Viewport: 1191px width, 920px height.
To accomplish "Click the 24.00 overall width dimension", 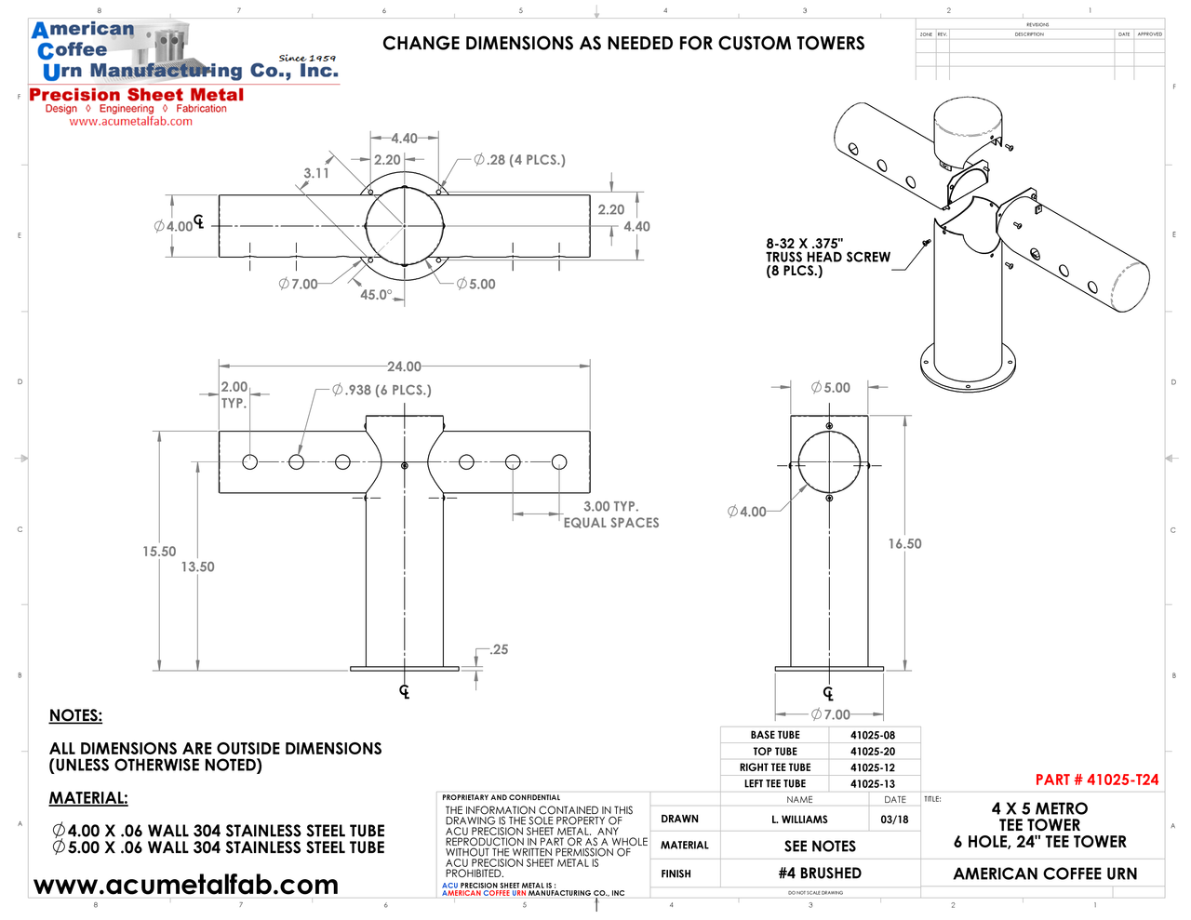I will pos(404,367).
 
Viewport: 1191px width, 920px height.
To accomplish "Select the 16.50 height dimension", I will pos(904,544).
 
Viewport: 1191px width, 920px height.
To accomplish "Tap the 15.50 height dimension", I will pos(159,552).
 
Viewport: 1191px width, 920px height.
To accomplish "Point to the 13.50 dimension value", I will pos(197,567).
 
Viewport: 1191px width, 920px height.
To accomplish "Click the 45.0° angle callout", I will pos(376,295).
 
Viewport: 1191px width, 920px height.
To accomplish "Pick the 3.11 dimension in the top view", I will pos(316,173).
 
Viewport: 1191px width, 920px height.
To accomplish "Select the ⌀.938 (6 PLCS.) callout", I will pos(381,391).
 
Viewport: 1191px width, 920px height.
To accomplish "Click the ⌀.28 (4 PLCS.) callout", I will pos(519,160).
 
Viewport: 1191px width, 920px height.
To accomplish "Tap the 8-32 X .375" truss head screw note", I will pos(827,257).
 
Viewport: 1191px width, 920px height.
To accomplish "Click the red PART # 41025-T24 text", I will pos(1097,780).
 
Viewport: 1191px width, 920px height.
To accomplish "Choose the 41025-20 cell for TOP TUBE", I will pos(873,752).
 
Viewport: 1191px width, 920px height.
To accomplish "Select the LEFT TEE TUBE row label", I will pos(775,784).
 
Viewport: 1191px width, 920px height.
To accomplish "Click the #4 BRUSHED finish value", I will pos(820,873).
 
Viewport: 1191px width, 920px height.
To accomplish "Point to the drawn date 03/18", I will pos(894,820).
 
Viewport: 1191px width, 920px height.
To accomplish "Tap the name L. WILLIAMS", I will pos(799,820).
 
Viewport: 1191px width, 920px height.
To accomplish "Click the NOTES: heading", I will pos(75,715).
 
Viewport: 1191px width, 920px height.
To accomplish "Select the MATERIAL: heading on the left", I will pos(88,798).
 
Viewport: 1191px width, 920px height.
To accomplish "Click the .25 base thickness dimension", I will pos(500,649).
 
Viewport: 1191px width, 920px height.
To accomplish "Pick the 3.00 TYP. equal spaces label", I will pos(610,514).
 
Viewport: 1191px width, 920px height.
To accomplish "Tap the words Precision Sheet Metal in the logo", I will pos(137,95).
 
